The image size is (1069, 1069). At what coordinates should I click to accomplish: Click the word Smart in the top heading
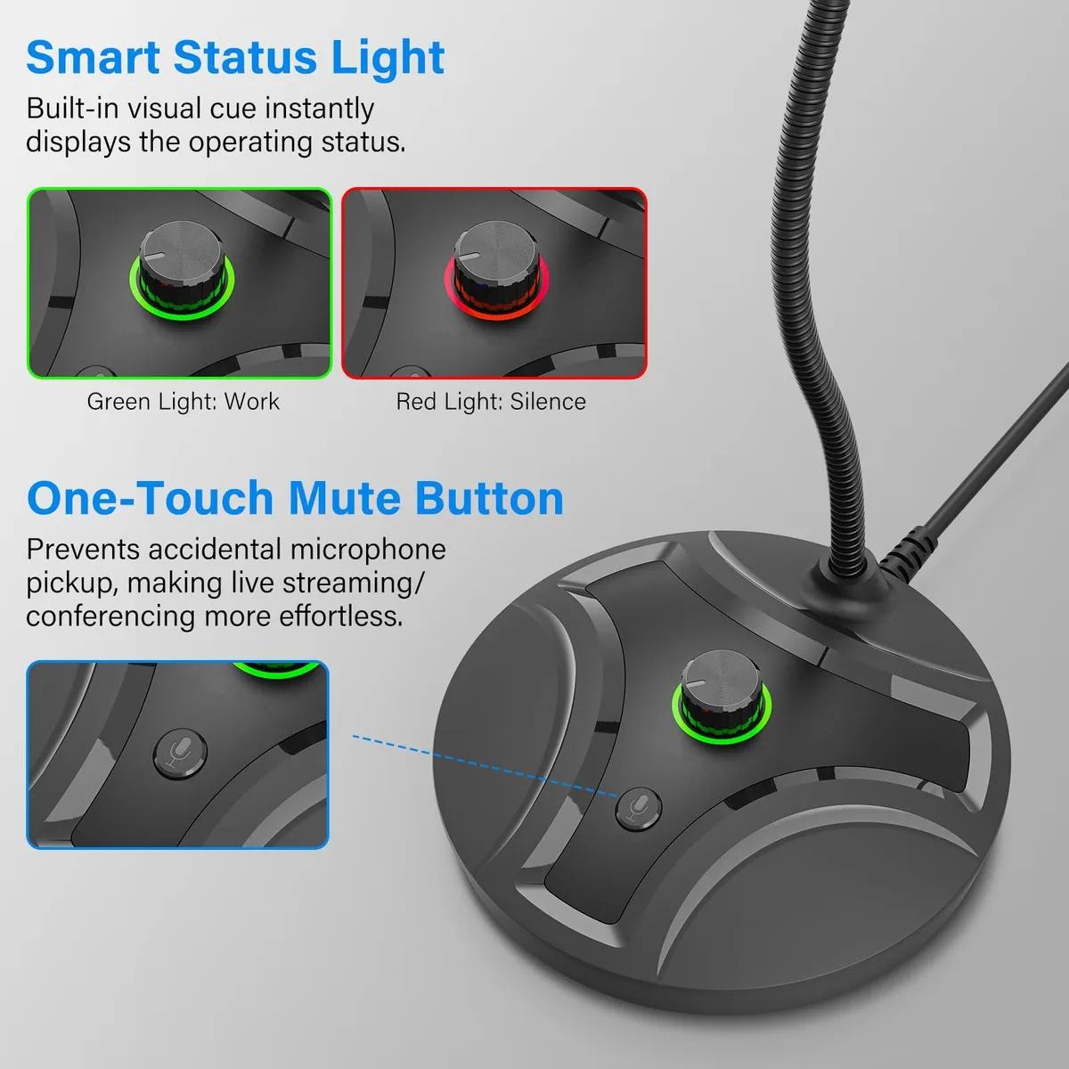(x=94, y=57)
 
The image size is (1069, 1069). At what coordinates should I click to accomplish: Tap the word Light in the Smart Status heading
(x=388, y=59)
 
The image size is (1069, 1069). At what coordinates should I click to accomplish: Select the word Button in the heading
(x=489, y=498)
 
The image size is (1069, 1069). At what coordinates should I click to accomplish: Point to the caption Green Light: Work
(x=184, y=402)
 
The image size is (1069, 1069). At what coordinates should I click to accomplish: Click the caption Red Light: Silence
(x=491, y=402)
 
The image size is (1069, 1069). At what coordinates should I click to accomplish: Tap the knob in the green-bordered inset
(x=182, y=265)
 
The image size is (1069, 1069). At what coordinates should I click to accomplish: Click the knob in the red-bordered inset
(x=496, y=265)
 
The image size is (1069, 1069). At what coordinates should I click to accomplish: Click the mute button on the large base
(x=639, y=809)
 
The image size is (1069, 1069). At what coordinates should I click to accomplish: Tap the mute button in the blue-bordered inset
(x=180, y=754)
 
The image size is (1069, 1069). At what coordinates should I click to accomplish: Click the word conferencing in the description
(x=109, y=616)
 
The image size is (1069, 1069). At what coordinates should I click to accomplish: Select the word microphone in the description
(x=368, y=551)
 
